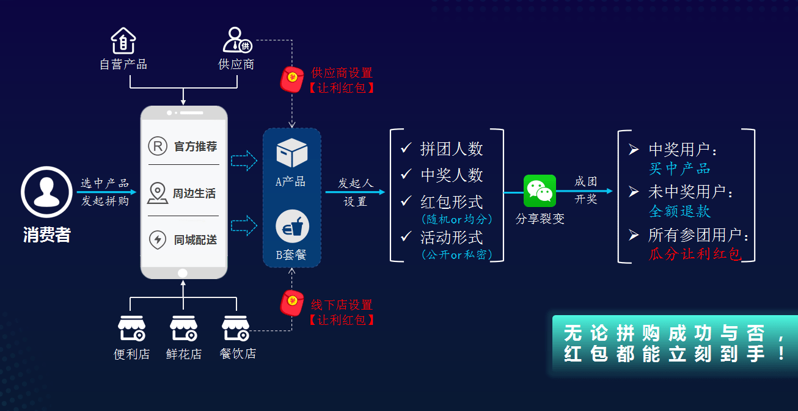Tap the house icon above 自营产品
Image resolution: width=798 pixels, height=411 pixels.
(x=123, y=41)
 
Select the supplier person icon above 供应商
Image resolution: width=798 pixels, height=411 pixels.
(x=236, y=40)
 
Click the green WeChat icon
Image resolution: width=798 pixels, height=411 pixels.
(x=540, y=191)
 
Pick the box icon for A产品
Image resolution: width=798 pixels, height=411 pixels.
(x=291, y=153)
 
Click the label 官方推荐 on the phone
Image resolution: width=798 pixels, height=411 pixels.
(x=196, y=147)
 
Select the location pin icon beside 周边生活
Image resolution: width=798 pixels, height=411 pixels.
(x=158, y=193)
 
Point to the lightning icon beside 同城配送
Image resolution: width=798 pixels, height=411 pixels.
(x=158, y=239)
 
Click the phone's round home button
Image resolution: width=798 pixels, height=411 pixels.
(x=182, y=272)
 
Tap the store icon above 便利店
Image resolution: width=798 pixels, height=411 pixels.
(x=131, y=329)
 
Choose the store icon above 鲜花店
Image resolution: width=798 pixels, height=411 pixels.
(x=183, y=329)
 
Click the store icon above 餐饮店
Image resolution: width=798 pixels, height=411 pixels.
(x=235, y=329)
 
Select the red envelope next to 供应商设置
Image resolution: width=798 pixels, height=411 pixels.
(x=291, y=79)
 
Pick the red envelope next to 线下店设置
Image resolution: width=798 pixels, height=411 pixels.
(x=291, y=304)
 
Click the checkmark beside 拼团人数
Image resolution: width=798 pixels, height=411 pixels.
(x=406, y=148)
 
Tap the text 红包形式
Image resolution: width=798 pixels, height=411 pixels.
(x=452, y=202)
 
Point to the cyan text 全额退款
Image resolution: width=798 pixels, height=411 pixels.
(x=679, y=211)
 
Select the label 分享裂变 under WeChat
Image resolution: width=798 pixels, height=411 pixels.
(x=540, y=219)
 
